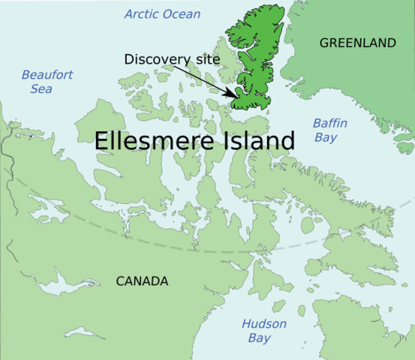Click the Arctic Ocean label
(x=163, y=14)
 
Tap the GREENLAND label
(x=357, y=43)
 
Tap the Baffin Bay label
(x=329, y=129)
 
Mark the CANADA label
(x=142, y=281)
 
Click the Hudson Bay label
(x=263, y=331)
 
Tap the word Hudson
(x=263, y=324)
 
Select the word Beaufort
(x=47, y=74)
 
